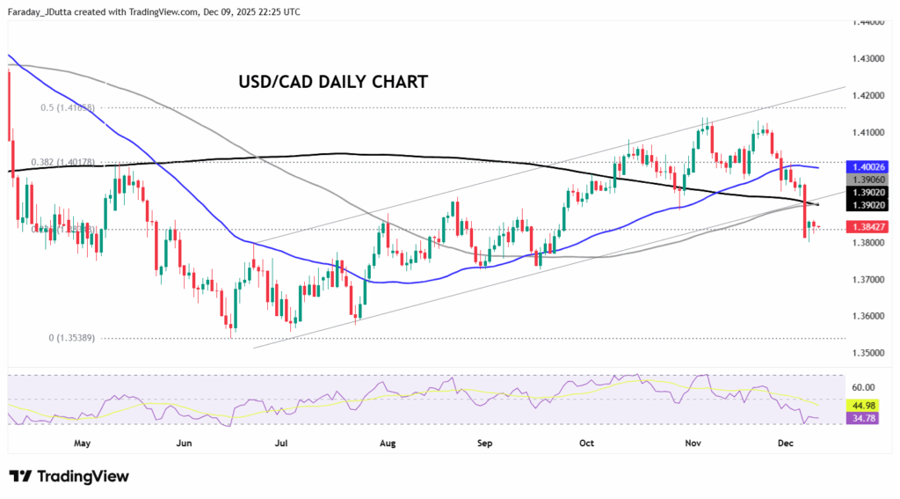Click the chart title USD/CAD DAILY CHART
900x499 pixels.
[x=333, y=82]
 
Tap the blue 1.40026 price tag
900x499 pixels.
[x=870, y=166]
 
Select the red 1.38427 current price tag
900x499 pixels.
[x=870, y=227]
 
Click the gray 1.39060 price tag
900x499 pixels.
[x=870, y=178]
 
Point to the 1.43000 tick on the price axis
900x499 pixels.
[x=870, y=58]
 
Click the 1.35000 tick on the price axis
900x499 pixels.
[x=870, y=353]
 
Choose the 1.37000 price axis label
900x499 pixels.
[x=870, y=279]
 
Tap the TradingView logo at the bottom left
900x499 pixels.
[x=69, y=476]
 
